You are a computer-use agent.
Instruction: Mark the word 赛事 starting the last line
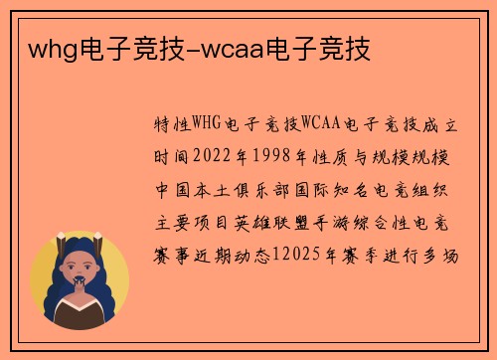[172, 257]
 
